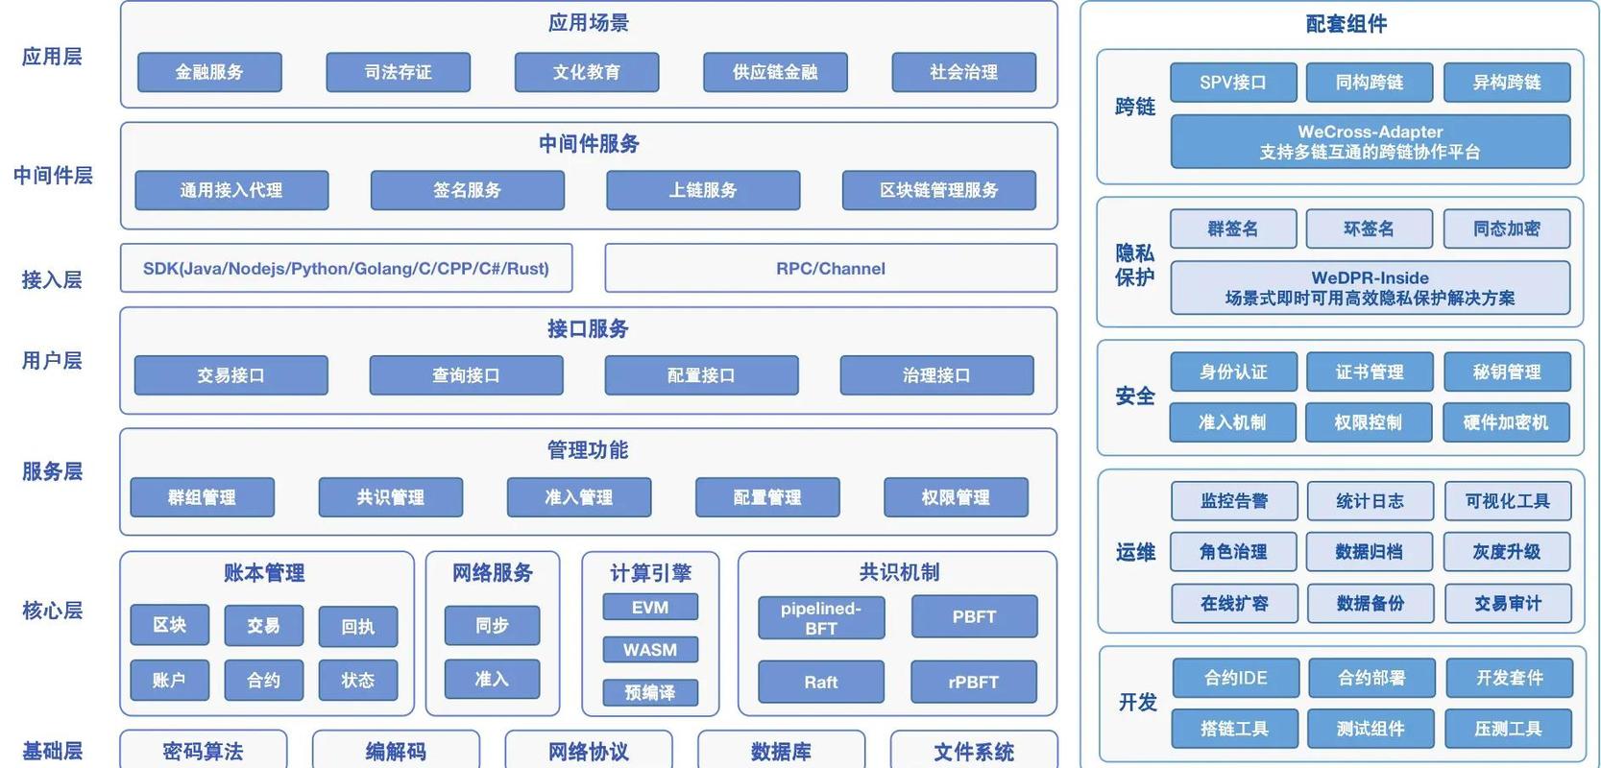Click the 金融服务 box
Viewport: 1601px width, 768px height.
point(209,72)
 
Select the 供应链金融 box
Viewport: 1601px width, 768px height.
point(775,72)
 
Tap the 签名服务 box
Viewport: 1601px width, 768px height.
point(467,190)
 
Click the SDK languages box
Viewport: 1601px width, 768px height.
point(346,269)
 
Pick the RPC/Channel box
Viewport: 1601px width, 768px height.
point(831,269)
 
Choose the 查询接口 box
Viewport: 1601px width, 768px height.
point(466,375)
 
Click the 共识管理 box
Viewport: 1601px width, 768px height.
point(390,497)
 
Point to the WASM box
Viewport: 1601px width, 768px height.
point(650,650)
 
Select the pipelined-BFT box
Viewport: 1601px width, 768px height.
point(821,618)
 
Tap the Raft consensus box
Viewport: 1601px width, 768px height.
point(821,682)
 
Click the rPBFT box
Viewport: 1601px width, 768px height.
point(974,682)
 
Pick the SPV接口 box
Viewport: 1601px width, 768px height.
point(1233,83)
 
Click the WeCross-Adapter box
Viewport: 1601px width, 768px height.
point(1371,142)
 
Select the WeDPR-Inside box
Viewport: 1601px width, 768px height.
point(1371,288)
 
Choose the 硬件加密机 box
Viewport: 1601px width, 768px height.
point(1506,422)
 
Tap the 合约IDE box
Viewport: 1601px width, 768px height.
point(1236,678)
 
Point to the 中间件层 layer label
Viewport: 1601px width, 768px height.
point(53,176)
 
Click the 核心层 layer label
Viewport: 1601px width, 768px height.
point(53,611)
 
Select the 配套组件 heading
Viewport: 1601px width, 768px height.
point(1346,24)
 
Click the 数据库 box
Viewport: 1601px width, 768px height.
point(781,751)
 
